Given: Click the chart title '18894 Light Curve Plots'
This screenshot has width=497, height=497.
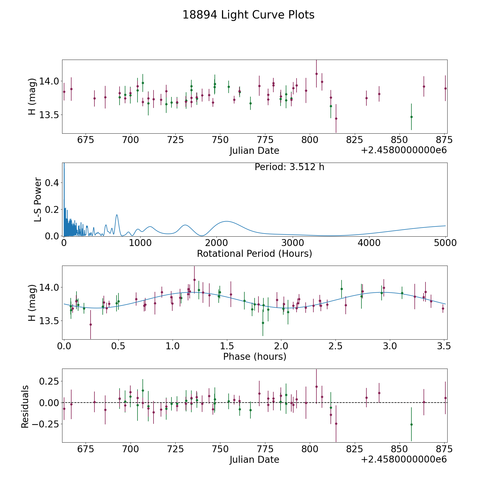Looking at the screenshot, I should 248,15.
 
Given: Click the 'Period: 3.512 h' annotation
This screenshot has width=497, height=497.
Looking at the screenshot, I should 289,167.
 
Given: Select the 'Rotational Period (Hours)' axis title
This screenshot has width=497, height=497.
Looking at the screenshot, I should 254,253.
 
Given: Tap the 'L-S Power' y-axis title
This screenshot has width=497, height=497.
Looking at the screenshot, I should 38,200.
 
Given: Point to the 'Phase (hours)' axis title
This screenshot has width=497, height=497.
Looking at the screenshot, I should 254,356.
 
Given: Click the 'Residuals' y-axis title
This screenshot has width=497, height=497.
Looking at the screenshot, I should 25,407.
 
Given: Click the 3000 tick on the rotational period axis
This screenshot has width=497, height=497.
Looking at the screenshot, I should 292,243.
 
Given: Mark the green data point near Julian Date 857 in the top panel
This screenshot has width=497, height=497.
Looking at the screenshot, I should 411,117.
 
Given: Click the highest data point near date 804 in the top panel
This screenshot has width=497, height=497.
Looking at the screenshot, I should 316,74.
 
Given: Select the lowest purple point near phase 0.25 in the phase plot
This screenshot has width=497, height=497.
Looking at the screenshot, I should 91,324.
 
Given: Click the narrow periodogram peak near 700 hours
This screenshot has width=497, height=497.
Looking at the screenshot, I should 117,215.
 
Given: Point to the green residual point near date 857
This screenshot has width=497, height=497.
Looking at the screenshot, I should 411,424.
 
